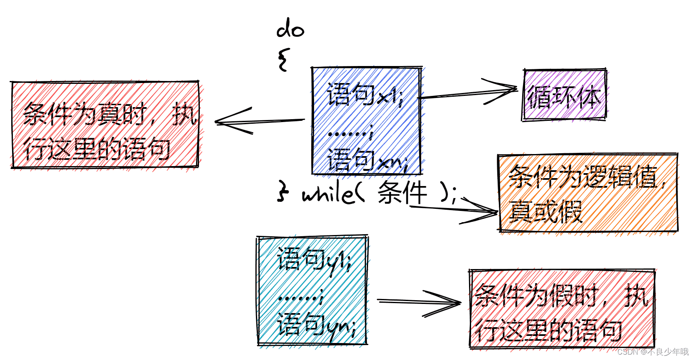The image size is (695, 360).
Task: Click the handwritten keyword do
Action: pyautogui.click(x=290, y=29)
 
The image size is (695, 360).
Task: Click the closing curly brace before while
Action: pyautogui.click(x=283, y=192)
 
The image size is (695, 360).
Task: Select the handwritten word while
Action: pyautogui.click(x=327, y=193)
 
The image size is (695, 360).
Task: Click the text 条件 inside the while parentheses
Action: pyautogui.click(x=402, y=193)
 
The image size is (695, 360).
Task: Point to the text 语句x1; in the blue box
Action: pyautogui.click(x=364, y=94)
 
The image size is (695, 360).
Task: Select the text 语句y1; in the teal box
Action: pyautogui.click(x=314, y=260)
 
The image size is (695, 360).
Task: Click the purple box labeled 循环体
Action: pyautogui.click(x=564, y=96)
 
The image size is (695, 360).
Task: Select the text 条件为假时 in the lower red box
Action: pyautogui.click(x=536, y=296)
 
